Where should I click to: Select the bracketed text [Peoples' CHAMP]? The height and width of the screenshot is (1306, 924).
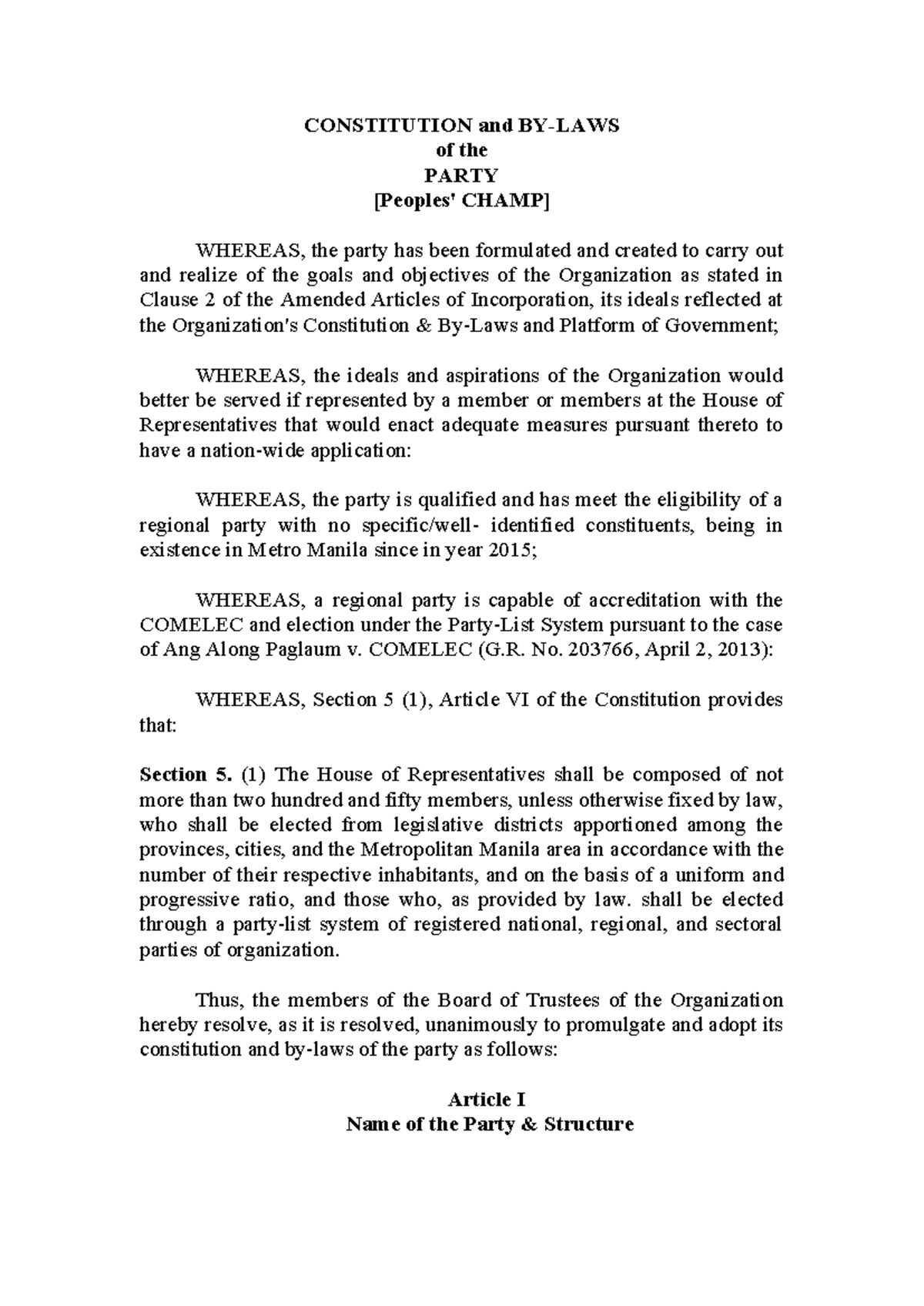pyautogui.click(x=461, y=201)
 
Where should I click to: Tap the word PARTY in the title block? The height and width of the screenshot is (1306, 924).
pyautogui.click(x=461, y=176)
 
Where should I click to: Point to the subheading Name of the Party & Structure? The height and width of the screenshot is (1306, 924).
pyautogui.click(x=490, y=1124)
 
